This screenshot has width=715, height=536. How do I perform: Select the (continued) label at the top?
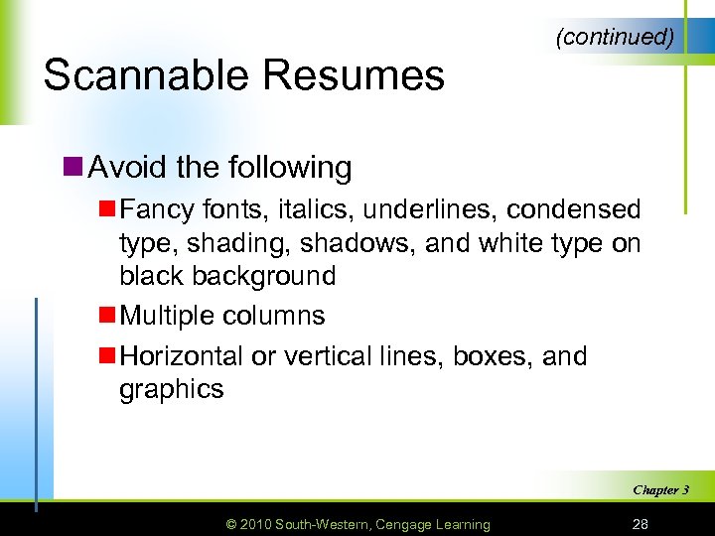(616, 38)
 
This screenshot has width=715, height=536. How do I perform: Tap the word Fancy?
(154, 210)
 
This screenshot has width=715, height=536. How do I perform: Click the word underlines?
(409, 210)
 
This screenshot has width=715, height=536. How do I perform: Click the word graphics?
(172, 389)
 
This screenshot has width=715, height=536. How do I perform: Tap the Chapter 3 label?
(660, 489)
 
